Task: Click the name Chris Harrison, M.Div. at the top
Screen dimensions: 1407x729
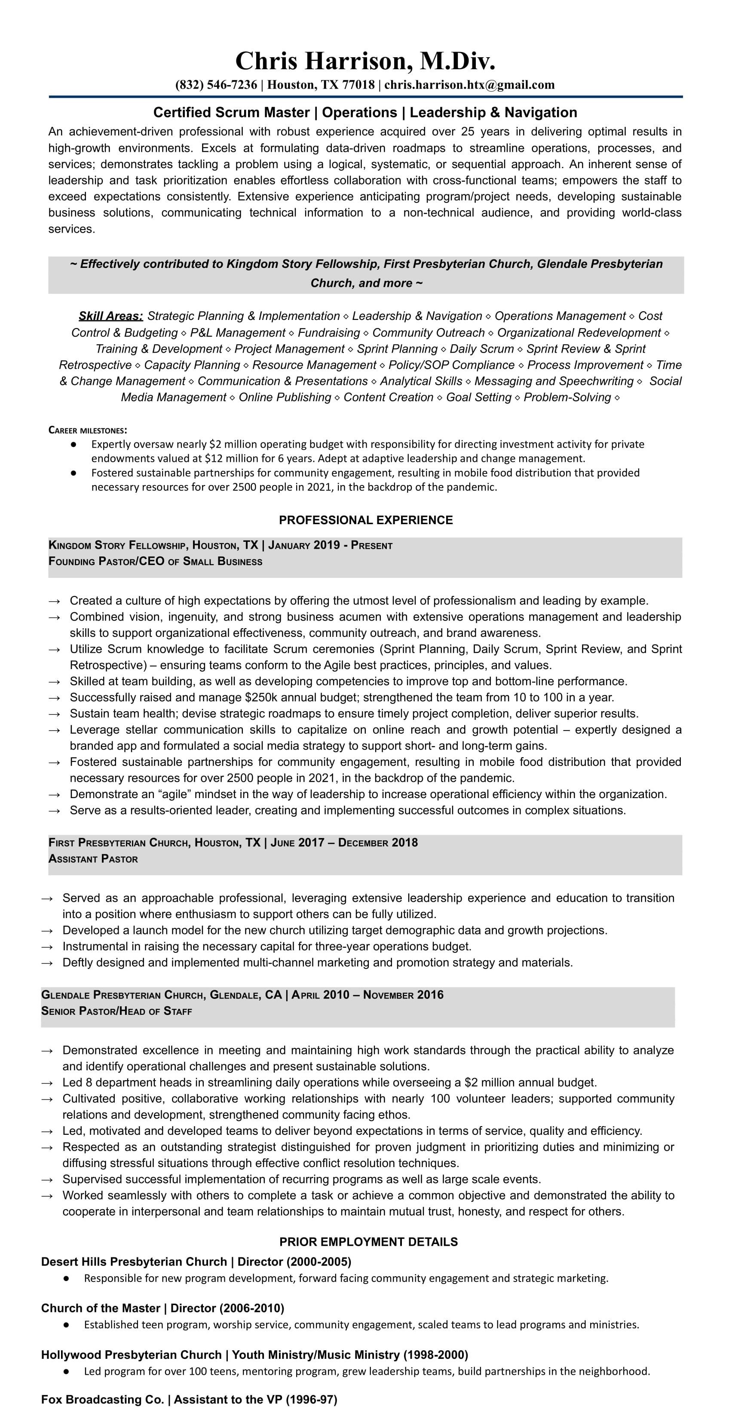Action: click(x=365, y=61)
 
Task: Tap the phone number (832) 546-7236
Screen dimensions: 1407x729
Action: click(x=216, y=85)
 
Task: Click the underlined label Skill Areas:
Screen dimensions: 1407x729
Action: click(x=110, y=316)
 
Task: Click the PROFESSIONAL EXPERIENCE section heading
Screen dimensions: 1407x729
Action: click(x=365, y=520)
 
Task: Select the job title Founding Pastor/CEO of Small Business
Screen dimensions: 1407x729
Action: click(x=155, y=562)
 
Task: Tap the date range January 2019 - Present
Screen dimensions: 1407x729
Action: click(x=331, y=545)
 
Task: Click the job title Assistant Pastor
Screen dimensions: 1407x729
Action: click(x=93, y=859)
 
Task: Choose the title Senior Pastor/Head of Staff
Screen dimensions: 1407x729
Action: click(x=116, y=1011)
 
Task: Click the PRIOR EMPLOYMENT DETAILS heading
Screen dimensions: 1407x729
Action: click(x=368, y=1242)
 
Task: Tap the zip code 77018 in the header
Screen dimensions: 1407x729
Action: click(x=358, y=85)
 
